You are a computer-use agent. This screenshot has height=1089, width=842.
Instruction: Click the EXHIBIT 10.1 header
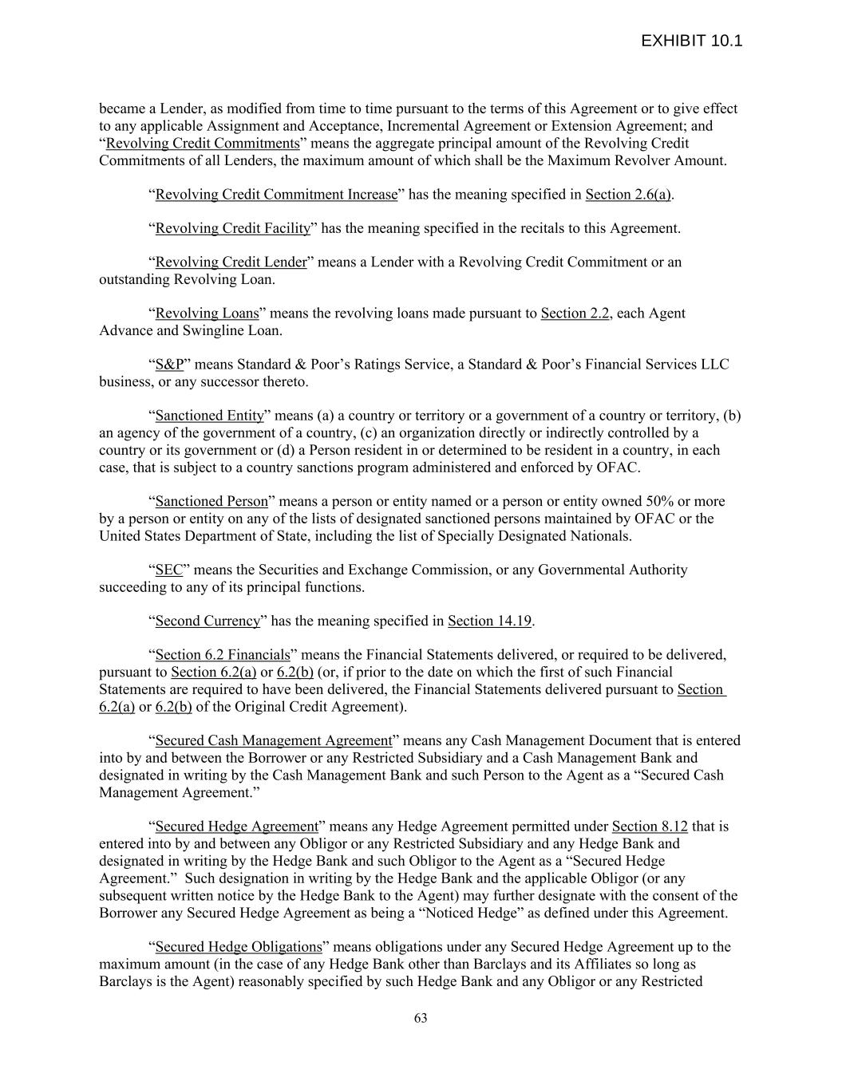(691, 41)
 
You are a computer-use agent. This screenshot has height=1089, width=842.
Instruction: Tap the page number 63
(421, 1018)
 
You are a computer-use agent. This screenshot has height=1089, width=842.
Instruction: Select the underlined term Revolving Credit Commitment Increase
(276, 195)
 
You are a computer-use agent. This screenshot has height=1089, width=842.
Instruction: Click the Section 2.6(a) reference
(628, 195)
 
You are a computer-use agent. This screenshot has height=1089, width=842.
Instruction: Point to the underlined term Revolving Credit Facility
(232, 228)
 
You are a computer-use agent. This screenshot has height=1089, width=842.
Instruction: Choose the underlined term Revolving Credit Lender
(231, 262)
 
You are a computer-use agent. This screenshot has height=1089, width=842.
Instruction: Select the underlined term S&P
(169, 365)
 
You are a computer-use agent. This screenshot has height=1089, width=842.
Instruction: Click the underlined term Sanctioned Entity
(209, 416)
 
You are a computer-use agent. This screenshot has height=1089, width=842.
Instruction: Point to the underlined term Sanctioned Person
(211, 502)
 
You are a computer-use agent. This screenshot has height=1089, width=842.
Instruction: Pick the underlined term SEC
(169, 570)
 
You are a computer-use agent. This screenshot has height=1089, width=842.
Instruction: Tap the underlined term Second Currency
(208, 621)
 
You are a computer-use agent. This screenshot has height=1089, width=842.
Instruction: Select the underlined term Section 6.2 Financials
(223, 655)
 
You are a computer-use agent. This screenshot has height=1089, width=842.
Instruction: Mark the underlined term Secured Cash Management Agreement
(274, 740)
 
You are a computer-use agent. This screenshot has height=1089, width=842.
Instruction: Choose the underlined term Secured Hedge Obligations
(239, 947)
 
